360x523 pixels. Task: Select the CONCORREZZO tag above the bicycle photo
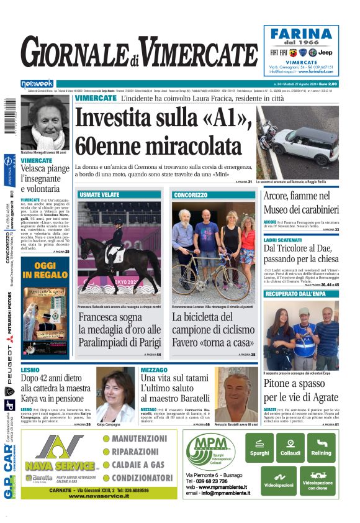[191, 195]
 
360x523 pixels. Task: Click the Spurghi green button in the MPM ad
[259, 447]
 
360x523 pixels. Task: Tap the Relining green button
[322, 447]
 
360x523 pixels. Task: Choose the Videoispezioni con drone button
[317, 481]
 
